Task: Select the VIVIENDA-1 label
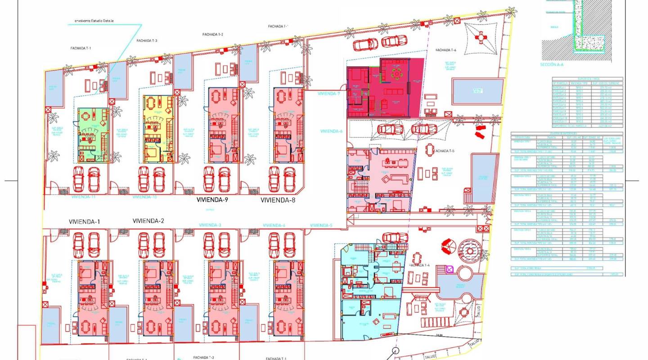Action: (x=84, y=221)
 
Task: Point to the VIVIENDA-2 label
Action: (x=148, y=220)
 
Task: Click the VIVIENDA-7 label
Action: (x=329, y=94)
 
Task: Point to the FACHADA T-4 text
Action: (x=420, y=265)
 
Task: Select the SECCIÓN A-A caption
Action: (x=552, y=65)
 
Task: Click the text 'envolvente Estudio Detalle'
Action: (x=94, y=21)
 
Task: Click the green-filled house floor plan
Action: (x=93, y=135)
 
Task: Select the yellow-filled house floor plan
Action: (x=158, y=129)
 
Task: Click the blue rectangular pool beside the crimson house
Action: (x=477, y=90)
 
